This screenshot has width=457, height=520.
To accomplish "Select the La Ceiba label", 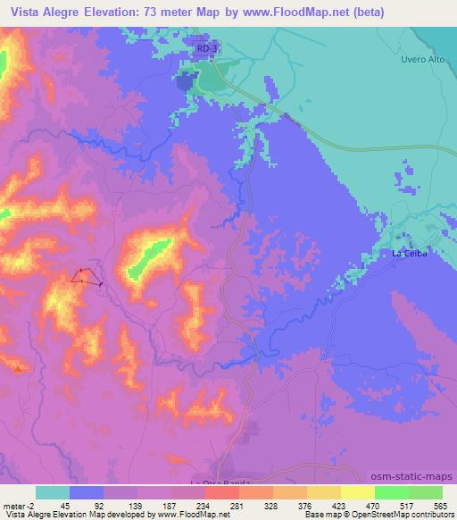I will (411, 254).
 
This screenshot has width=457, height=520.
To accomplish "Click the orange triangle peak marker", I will (19, 366).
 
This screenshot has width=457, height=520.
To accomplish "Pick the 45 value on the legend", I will (64, 506).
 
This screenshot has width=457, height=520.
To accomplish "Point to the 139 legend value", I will (135, 506).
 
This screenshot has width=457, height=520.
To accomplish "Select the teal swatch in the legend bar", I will (52, 492).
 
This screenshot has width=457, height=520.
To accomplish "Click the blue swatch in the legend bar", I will (87, 492).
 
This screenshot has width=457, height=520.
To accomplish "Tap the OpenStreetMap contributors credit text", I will (415, 515).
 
